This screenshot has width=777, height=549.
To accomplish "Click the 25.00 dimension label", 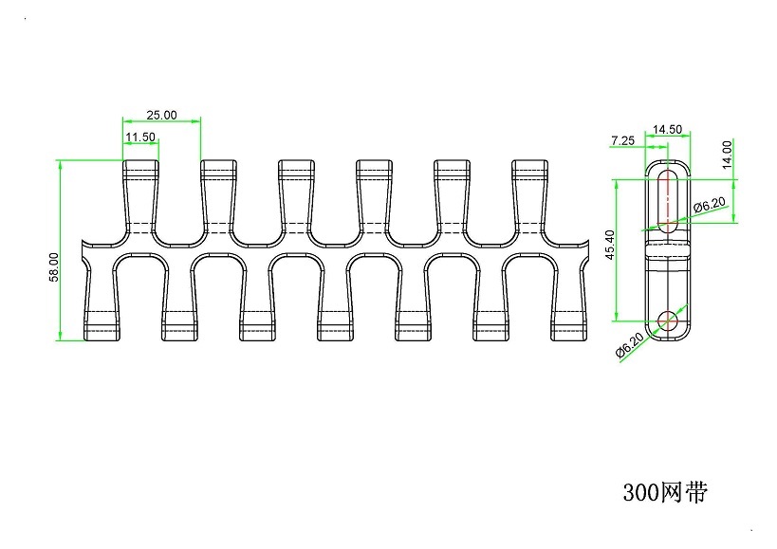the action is click(x=161, y=115).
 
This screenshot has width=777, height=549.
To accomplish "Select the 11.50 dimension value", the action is click(x=140, y=137).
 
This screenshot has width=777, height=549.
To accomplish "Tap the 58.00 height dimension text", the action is click(x=54, y=266).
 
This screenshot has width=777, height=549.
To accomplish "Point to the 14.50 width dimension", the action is click(x=667, y=130).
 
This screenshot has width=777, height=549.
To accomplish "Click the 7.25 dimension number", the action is click(x=622, y=140).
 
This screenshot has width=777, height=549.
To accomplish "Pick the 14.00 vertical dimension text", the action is click(x=727, y=155).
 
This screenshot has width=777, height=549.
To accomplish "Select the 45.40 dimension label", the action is click(x=610, y=245).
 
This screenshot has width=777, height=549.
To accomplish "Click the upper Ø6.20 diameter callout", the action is click(x=710, y=205).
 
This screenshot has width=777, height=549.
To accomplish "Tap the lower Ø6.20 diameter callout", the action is click(x=630, y=344).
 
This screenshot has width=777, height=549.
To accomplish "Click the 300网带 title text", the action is click(x=665, y=492).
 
